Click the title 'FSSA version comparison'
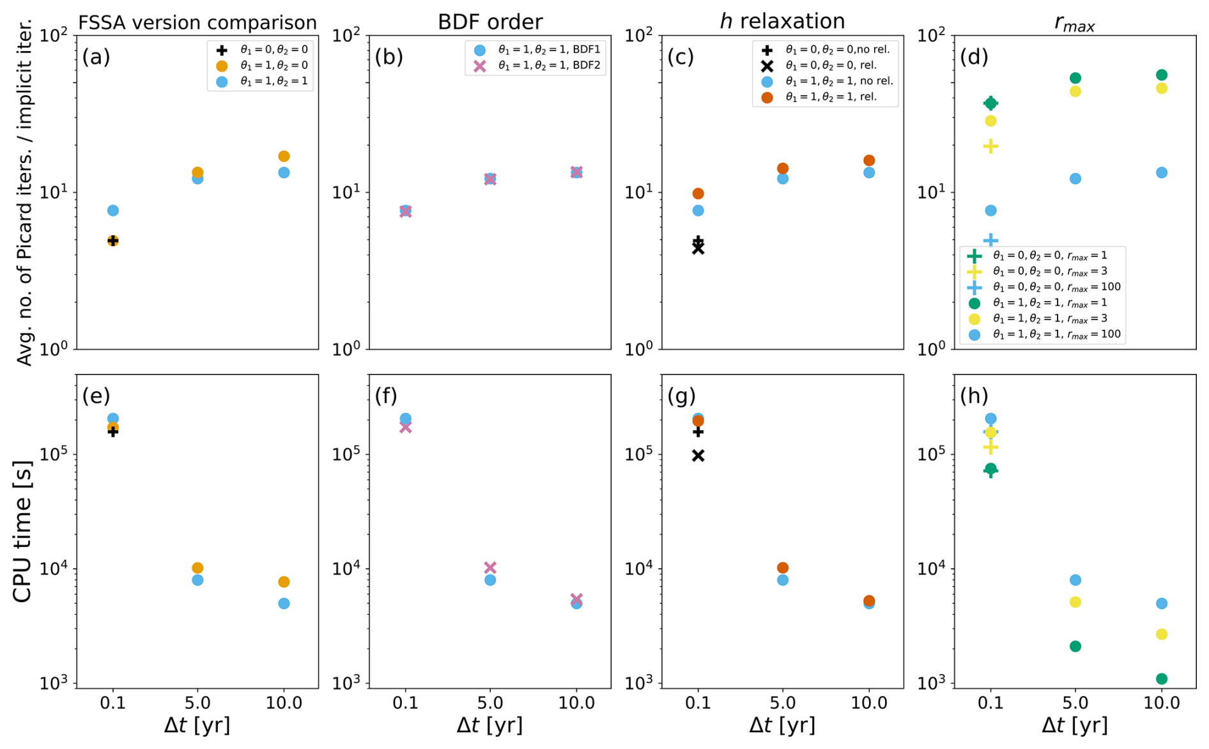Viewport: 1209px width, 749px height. [x=197, y=23]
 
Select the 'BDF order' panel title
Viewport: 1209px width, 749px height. [x=489, y=22]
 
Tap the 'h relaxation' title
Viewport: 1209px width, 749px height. [x=782, y=21]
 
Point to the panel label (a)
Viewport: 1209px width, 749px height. [x=96, y=57]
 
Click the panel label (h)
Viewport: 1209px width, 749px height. [x=974, y=396]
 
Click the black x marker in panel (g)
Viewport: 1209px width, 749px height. [x=698, y=456]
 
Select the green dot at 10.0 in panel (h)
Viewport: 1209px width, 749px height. [x=1162, y=679]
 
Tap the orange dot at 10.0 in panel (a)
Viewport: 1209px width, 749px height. [x=284, y=157]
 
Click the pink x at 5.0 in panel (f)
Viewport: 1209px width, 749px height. [x=490, y=568]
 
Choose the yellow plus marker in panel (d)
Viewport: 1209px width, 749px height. [x=990, y=146]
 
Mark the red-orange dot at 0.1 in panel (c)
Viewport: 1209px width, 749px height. [x=698, y=194]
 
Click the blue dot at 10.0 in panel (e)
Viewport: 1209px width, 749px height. [x=284, y=603]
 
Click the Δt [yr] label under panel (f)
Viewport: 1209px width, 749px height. [x=489, y=726]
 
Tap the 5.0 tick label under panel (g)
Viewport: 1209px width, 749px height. [x=783, y=704]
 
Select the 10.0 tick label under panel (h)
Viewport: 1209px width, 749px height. [x=1162, y=704]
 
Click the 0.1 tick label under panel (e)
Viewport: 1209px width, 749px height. [x=113, y=704]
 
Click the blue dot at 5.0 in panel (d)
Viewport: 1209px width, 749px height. [x=1075, y=178]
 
